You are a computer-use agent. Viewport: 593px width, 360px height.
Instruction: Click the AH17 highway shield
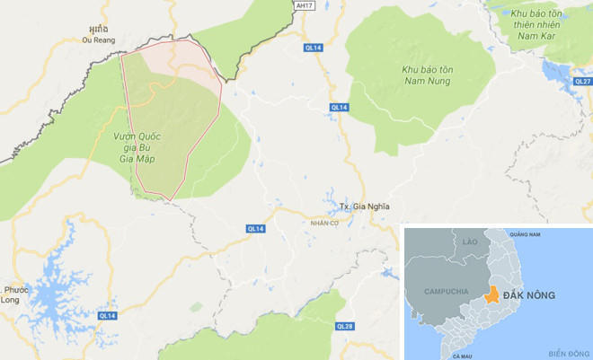306,5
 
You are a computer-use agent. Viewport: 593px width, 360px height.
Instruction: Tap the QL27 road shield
581,81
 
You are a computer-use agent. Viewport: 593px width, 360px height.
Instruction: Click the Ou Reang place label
99,40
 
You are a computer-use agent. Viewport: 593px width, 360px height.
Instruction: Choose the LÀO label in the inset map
471,242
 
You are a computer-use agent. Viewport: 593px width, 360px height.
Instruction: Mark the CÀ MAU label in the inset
463,356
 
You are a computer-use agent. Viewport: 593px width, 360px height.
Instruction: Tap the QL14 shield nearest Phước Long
107,315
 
